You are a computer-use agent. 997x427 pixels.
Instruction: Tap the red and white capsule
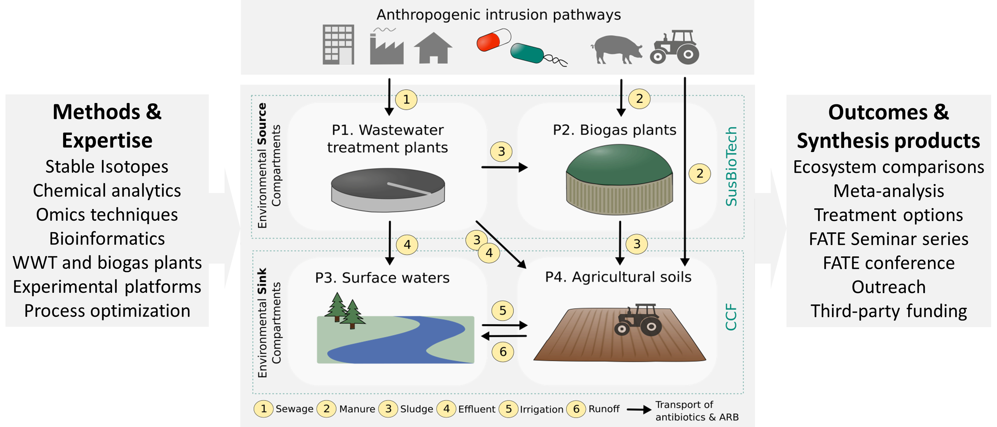coord(493,39)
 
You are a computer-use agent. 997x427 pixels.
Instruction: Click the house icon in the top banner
coord(433,48)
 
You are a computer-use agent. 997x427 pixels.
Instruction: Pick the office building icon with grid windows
coord(338,45)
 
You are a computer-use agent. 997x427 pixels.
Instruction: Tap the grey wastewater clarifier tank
coord(388,189)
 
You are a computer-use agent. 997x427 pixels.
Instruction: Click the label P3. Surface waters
coord(382,278)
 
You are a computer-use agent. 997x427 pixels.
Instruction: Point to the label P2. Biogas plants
coord(614,130)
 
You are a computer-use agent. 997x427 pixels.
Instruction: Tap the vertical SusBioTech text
coord(731,166)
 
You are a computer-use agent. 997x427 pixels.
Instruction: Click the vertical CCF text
coord(731,317)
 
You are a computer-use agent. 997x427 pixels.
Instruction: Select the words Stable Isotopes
coord(107,166)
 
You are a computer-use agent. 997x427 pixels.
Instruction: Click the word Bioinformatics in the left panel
coord(107,239)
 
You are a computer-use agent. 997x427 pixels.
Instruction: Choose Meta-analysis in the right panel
coord(888,191)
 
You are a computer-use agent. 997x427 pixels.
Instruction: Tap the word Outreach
coord(888,287)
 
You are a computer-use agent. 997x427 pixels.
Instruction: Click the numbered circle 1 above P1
coord(406,100)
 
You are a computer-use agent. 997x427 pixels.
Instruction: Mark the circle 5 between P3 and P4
coord(502,310)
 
